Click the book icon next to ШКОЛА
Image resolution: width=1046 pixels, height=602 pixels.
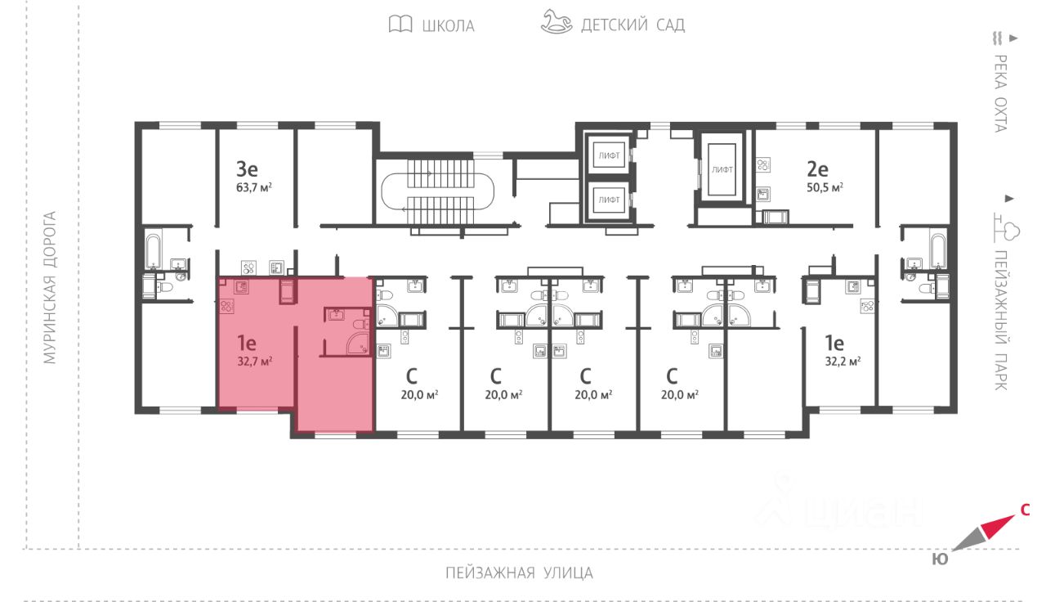click(400, 25)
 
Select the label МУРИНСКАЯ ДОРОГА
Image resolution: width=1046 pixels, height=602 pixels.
click(50, 288)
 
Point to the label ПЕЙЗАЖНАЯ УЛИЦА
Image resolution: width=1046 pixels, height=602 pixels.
click(519, 573)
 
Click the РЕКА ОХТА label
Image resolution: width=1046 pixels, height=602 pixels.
click(999, 92)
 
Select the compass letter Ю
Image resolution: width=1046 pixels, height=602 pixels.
click(940, 559)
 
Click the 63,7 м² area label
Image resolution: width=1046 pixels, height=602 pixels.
click(253, 186)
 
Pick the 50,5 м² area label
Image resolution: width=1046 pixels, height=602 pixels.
click(824, 186)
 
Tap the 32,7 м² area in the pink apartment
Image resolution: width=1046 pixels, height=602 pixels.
click(254, 360)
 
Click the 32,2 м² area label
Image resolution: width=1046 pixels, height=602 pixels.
click(843, 360)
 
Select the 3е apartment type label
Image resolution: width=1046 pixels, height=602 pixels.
click(247, 169)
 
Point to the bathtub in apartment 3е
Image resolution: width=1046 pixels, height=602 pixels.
click(153, 249)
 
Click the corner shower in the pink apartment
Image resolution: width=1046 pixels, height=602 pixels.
click(359, 344)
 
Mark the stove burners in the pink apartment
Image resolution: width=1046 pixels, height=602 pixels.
click(227, 306)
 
